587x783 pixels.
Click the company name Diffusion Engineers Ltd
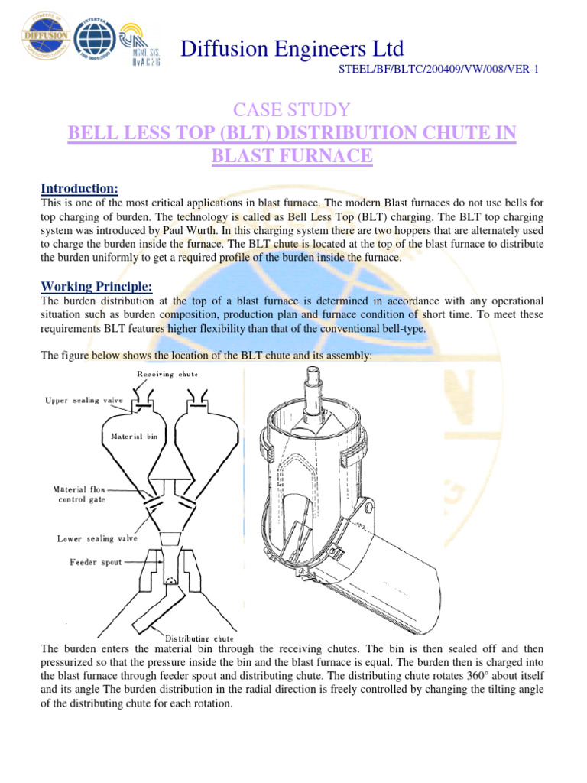tap(291, 50)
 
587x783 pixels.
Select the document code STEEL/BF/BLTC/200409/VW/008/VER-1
tap(438, 70)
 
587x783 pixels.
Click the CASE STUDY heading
tap(293, 109)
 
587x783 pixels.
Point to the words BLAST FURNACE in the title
tap(293, 157)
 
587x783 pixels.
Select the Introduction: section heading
tap(79, 188)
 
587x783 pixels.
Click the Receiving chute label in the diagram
tap(167, 374)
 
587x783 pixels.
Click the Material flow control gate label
tap(79, 494)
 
